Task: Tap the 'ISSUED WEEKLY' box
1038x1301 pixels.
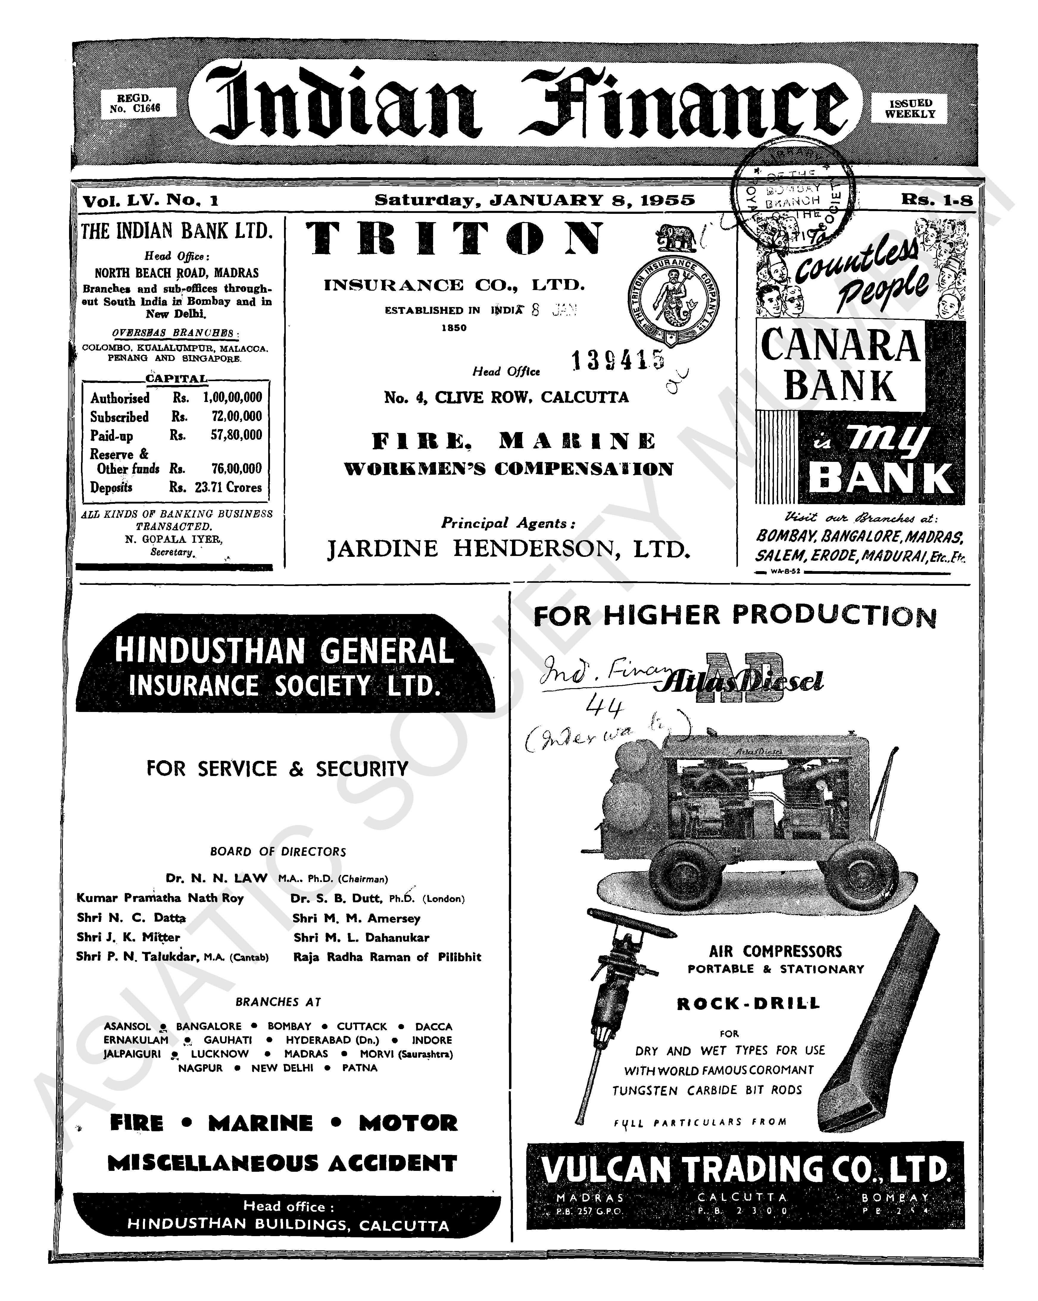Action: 909,109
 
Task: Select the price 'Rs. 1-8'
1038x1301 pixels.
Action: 937,200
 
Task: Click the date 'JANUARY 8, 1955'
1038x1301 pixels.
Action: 592,200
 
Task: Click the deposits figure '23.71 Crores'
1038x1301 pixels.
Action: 228,487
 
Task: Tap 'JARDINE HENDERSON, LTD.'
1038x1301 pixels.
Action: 508,549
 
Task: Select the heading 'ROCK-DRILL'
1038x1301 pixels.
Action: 748,1004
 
